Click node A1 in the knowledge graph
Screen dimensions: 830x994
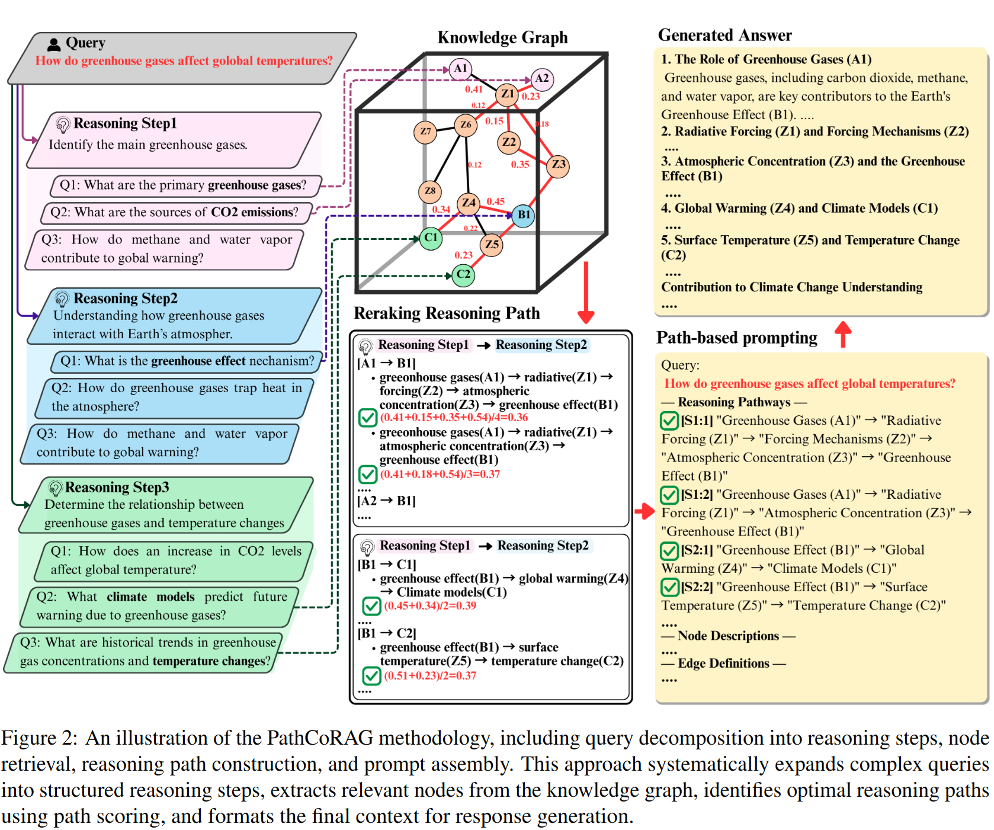tap(460, 69)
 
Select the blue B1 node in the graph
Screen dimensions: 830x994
tap(524, 214)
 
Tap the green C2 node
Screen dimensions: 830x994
tap(463, 275)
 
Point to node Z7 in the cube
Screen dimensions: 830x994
tap(425, 132)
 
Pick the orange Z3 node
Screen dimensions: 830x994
tap(558, 165)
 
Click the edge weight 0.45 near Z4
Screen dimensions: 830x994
tap(496, 201)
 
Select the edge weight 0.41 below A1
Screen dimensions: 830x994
tap(474, 89)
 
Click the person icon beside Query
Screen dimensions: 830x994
tap(54, 44)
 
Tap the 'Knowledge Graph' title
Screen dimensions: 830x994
tap(502, 38)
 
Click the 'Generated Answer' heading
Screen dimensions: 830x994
tap(724, 36)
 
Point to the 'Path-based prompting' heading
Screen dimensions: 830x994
tap(736, 338)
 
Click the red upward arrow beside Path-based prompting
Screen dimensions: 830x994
tap(843, 334)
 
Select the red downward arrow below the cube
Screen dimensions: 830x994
tap(586, 293)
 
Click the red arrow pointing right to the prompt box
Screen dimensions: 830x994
tap(645, 511)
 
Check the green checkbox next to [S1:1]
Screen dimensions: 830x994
tap(669, 421)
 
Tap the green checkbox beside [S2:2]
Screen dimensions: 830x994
tap(669, 587)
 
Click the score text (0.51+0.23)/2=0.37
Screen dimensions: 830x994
tap(430, 676)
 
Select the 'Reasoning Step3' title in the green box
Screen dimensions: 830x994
tap(117, 488)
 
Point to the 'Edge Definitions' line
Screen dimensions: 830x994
tap(723, 664)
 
